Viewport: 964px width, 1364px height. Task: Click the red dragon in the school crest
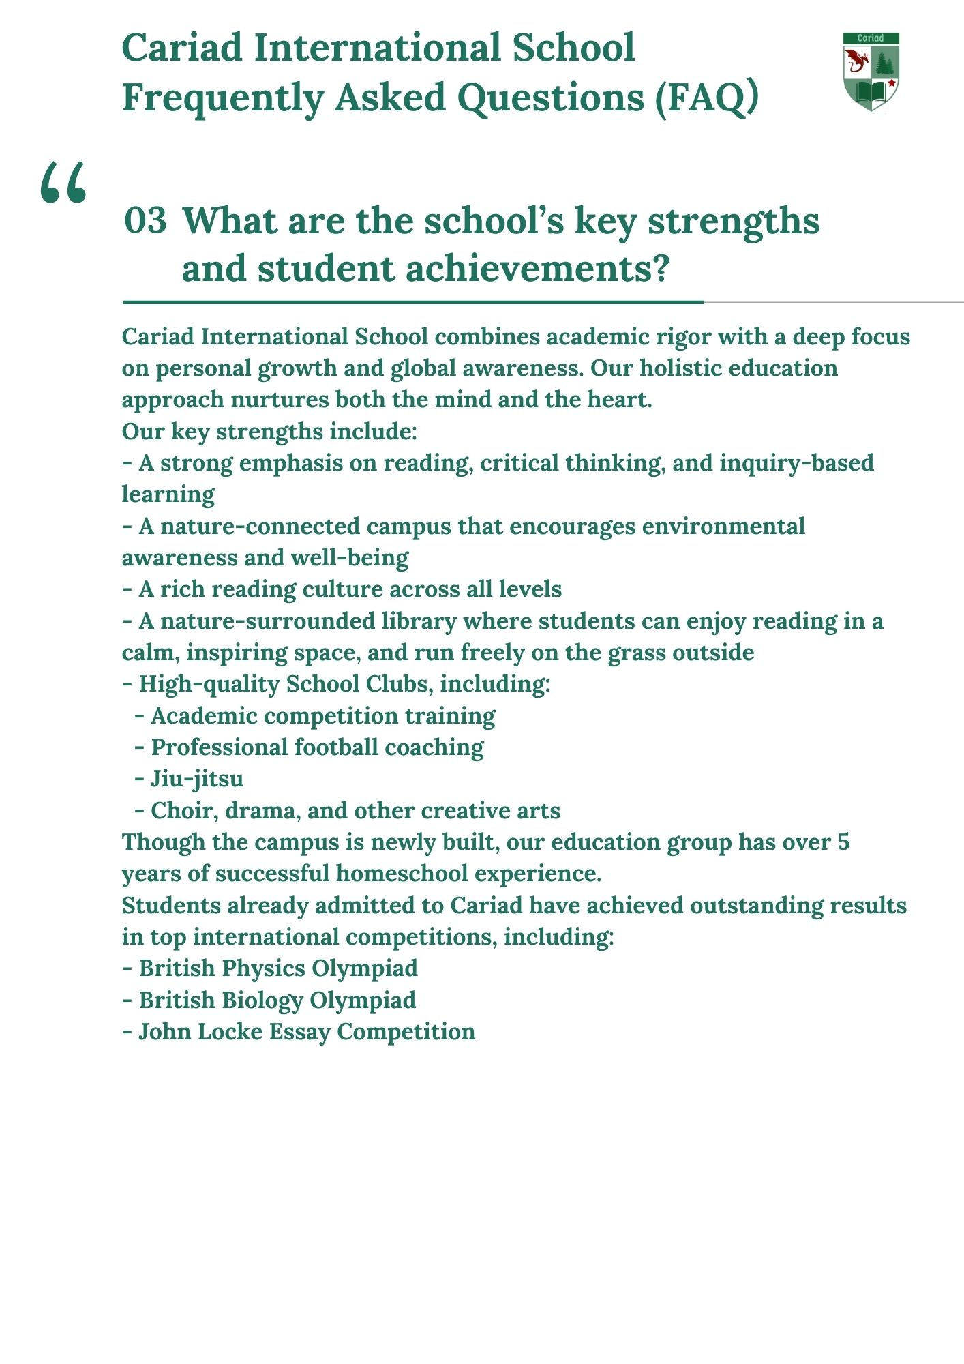[856, 63]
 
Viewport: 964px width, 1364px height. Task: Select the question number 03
[145, 221]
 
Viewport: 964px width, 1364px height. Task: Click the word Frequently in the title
[223, 98]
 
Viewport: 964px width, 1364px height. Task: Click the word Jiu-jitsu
[197, 779]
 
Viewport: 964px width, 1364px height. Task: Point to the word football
[335, 747]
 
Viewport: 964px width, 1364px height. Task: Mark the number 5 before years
[843, 842]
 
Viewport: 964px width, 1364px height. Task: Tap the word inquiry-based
[796, 463]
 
